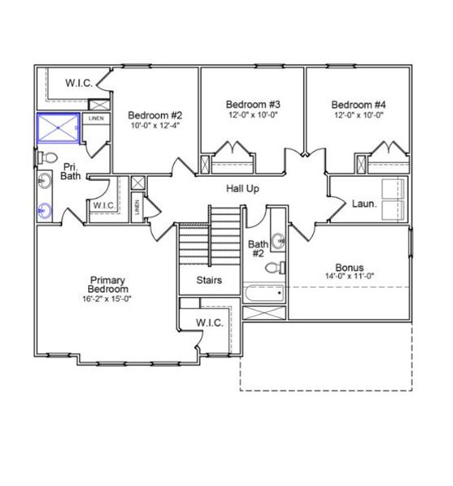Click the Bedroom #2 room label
coord(153,114)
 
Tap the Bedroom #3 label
coord(252,104)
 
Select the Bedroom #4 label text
coord(358,104)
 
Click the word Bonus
coord(349,267)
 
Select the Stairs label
coord(210,280)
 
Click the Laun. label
coord(365,204)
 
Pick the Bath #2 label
coord(257,249)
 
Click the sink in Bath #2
coord(277,241)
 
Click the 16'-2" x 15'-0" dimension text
coord(108,298)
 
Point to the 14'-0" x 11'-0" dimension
coord(349,276)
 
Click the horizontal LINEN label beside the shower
coord(96,118)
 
